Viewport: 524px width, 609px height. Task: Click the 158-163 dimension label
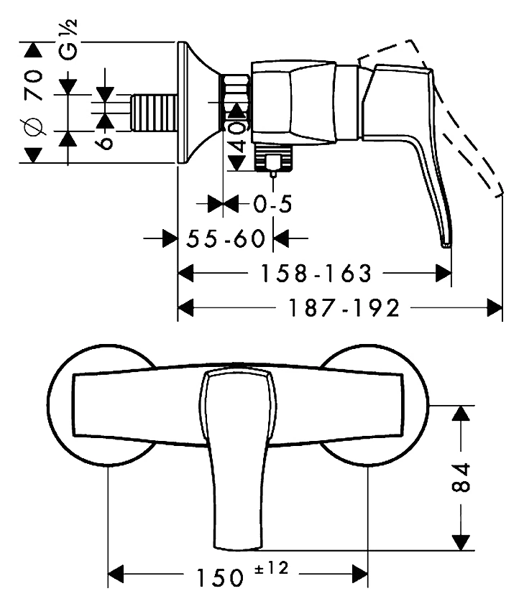click(316, 274)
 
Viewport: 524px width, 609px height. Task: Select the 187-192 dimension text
click(344, 308)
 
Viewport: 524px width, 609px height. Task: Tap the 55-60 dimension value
click(225, 238)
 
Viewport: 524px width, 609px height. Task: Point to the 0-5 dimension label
click(272, 203)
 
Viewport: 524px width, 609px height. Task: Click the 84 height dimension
click(461, 478)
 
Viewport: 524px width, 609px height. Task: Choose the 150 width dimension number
click(220, 578)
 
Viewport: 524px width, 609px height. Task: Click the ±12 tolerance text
click(271, 569)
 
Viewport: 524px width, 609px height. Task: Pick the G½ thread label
click(69, 39)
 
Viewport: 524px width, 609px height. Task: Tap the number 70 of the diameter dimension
click(34, 85)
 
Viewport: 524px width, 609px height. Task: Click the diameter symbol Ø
click(34, 126)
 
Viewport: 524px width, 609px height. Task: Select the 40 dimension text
click(237, 136)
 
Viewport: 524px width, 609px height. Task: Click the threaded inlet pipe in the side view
click(153, 112)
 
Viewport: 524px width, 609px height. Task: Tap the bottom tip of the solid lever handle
click(446, 246)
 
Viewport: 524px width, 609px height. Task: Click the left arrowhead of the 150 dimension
click(116, 574)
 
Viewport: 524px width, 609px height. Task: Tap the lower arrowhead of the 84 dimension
click(461, 543)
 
